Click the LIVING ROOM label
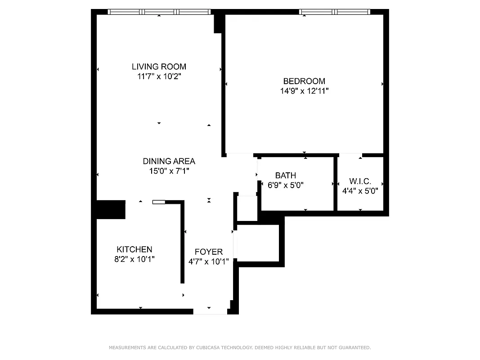[x=159, y=67]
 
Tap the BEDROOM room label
[x=304, y=81]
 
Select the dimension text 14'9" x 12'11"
[x=304, y=91]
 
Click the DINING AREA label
[x=169, y=161]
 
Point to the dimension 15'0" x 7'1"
[x=169, y=171]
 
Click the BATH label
[x=286, y=175]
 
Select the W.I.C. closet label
[x=360, y=181]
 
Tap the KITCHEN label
[x=134, y=249]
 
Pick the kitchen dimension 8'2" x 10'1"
[x=134, y=259]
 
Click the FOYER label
[x=208, y=252]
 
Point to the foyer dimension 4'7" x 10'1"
[x=208, y=261]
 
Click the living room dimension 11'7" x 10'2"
[x=159, y=76]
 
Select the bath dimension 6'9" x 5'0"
[x=286, y=185]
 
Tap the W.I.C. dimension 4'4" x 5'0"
[x=360, y=190]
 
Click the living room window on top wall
[x=159, y=12]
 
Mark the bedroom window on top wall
[x=335, y=12]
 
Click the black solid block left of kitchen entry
[x=111, y=210]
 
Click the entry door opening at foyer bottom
[x=210, y=311]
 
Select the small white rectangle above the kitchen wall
[x=159, y=202]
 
